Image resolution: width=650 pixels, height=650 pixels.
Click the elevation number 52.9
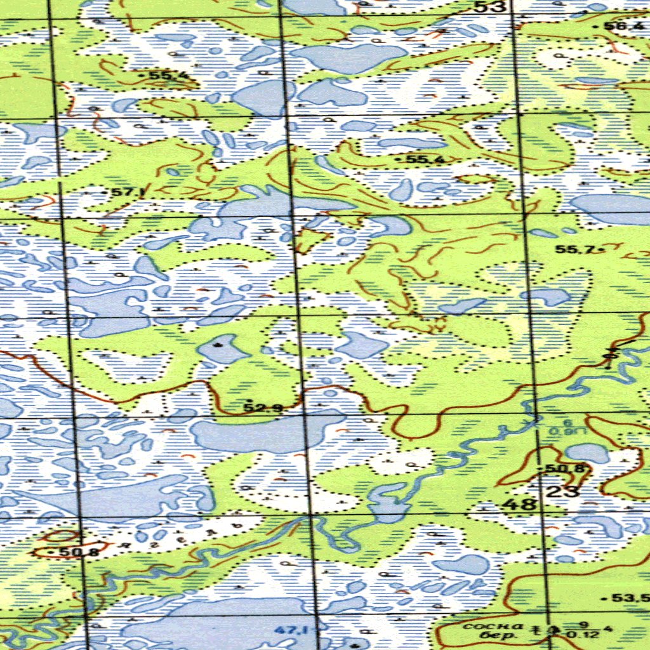(263, 408)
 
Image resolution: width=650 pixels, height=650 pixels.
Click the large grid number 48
(520, 505)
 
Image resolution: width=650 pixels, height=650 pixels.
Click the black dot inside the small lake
(219, 345)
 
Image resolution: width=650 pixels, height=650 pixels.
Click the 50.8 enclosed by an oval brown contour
(79, 552)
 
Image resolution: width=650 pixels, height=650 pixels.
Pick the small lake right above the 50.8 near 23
(587, 452)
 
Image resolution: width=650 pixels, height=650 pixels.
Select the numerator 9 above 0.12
(585, 623)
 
